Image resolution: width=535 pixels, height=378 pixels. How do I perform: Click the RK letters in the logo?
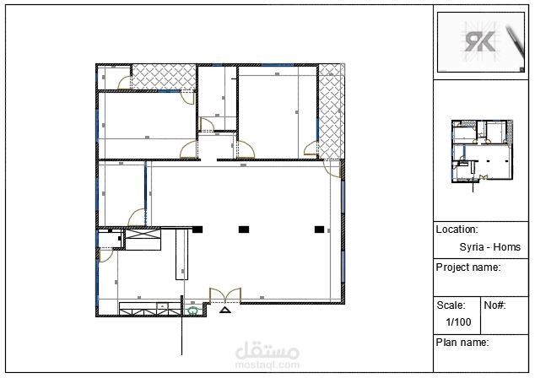[479, 41]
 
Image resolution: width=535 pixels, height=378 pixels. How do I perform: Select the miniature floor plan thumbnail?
[482, 152]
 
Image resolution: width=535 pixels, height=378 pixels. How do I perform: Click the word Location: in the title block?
[457, 229]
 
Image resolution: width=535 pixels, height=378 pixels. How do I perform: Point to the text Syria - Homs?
[490, 246]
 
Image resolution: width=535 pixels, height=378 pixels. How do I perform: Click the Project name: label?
[468, 267]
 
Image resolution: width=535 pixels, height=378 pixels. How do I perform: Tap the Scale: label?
[451, 305]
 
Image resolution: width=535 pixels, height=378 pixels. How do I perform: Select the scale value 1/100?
[458, 321]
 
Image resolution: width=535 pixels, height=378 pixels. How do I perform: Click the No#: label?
[494, 305]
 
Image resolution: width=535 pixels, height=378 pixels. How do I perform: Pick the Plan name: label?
[462, 342]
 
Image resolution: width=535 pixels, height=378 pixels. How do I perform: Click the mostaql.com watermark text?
[267, 365]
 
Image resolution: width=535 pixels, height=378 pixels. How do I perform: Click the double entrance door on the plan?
[225, 295]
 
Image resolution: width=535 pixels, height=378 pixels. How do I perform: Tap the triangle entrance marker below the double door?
[224, 310]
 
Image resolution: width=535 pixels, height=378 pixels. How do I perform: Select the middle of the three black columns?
[244, 229]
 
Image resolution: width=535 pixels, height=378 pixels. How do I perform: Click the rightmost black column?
[319, 229]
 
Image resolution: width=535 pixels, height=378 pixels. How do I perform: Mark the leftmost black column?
[197, 229]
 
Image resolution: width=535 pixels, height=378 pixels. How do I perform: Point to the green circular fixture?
[193, 310]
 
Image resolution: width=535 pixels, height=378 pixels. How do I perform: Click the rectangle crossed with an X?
[143, 234]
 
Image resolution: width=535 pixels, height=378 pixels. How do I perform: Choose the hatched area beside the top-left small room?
[164, 77]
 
